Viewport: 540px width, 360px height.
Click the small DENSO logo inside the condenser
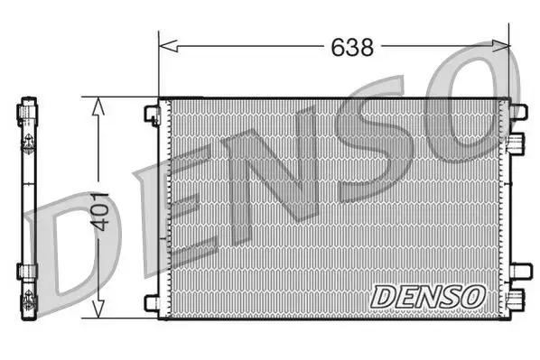(x=428, y=295)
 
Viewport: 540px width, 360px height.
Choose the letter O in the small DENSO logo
(x=474, y=295)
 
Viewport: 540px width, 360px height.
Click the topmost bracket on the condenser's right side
(x=517, y=112)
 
